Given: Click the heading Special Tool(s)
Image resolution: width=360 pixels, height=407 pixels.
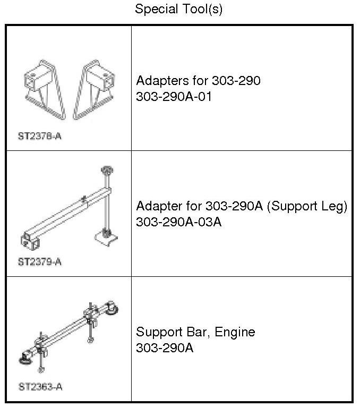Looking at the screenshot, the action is [178, 9].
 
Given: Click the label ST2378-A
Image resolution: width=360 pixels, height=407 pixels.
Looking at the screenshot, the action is [40, 136].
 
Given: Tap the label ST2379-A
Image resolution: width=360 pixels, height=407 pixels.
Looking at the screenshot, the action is [40, 262].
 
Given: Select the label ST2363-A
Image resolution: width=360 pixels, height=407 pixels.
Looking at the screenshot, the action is [40, 387].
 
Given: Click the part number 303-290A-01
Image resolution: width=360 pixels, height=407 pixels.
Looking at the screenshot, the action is [174, 96].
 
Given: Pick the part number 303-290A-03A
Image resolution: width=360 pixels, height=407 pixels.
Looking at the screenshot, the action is [178, 222].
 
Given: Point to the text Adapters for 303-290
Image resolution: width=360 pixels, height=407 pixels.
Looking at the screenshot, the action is [198, 81].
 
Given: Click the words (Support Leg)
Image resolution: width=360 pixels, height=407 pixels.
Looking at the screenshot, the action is [307, 206].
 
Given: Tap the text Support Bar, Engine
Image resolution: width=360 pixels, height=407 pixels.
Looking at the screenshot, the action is [195, 332].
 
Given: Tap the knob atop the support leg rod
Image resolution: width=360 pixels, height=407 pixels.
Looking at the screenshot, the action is [106, 171].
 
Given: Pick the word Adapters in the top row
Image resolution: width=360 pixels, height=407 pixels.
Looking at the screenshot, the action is [160, 81].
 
